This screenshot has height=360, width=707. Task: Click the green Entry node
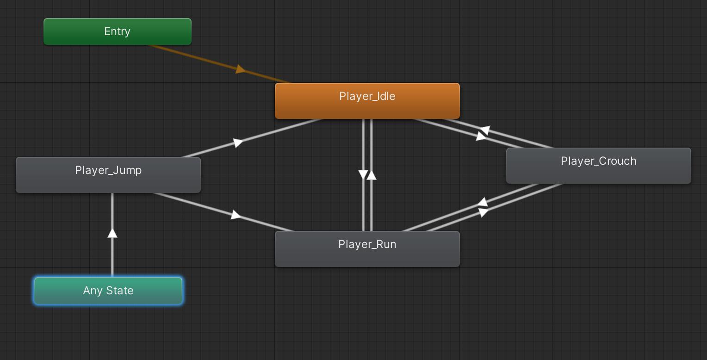[118, 31]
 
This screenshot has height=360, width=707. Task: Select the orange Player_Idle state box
[367, 101]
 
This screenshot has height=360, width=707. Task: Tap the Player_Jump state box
[108, 175]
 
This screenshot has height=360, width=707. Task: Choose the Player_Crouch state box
[598, 166]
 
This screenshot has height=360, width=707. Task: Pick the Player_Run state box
[367, 249]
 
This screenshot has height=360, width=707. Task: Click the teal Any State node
[108, 291]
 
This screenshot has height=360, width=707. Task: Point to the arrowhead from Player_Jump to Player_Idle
[238, 143]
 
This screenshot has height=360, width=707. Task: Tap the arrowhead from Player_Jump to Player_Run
[236, 215]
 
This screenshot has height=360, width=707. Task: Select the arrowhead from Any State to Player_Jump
[112, 233]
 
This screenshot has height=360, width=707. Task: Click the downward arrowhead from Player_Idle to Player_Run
[363, 174]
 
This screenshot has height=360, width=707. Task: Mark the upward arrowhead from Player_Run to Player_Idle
[372, 175]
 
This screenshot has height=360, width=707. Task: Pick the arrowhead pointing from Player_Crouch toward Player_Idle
[485, 130]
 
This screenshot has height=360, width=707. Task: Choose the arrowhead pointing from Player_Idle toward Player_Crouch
[481, 137]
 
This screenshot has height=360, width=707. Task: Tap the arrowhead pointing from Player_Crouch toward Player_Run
[483, 202]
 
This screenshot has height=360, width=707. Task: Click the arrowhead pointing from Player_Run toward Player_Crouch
[483, 212]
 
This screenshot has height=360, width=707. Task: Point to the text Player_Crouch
[598, 161]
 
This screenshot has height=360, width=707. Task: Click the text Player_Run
[367, 244]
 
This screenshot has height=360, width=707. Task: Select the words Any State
[108, 290]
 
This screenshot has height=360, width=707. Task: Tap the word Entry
[118, 31]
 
